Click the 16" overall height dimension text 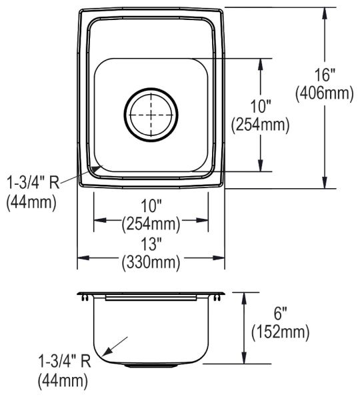coord(325,75)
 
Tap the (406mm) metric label coord(325,93)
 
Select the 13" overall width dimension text coord(151,244)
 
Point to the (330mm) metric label coord(151,263)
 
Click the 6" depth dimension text coord(280,314)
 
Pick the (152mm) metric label coord(280,332)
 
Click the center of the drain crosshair coord(151,115)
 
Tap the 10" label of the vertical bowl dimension coord(260,106)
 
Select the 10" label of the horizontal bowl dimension coord(151,206)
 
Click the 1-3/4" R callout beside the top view coord(33,183)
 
